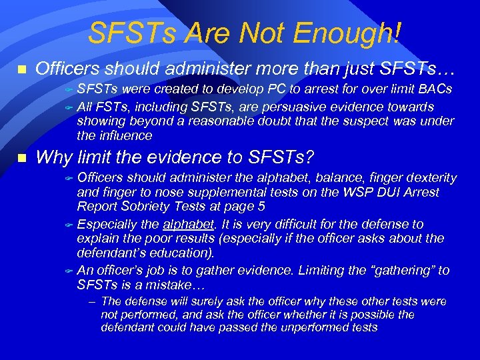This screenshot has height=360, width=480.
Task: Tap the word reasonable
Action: click(227, 121)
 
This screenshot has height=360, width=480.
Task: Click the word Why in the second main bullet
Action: click(52, 157)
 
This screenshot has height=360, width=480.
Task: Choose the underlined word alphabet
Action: click(181, 224)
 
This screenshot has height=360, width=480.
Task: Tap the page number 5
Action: click(261, 207)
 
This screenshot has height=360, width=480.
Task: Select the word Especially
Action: click(107, 224)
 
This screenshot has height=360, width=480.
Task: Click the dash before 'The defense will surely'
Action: click(92, 302)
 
